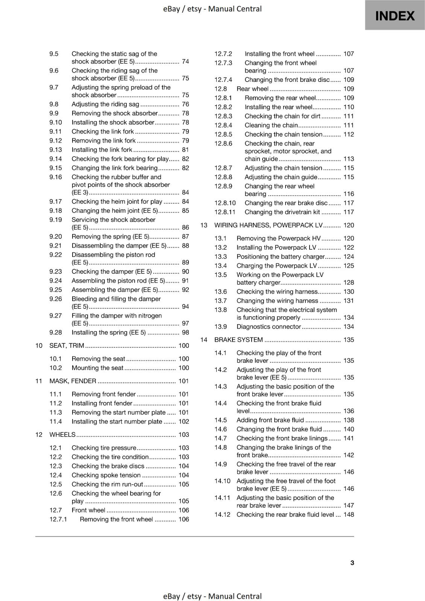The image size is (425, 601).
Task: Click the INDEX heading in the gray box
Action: click(x=395, y=16)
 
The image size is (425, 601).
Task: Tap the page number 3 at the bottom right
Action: click(x=352, y=563)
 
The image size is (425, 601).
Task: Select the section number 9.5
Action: click(x=54, y=54)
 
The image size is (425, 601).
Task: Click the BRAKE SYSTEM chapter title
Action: click(x=238, y=340)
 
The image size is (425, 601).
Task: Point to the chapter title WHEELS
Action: click(x=62, y=435)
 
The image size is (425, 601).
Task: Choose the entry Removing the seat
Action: click(x=98, y=359)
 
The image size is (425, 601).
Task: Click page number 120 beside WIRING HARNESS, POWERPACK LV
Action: click(x=349, y=225)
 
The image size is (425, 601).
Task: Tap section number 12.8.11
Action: click(x=225, y=212)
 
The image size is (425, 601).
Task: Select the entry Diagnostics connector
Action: click(x=269, y=326)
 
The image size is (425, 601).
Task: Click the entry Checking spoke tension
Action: click(x=106, y=475)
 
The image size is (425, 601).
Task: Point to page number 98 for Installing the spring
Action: click(x=185, y=332)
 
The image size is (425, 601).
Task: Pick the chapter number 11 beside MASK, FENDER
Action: click(x=39, y=381)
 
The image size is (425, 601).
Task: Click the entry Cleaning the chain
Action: click(x=271, y=125)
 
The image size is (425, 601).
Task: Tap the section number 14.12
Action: click(x=222, y=515)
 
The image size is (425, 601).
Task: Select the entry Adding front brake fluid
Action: click(x=270, y=420)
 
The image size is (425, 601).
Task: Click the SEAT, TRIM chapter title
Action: click(x=67, y=346)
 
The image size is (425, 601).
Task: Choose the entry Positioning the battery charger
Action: click(x=280, y=257)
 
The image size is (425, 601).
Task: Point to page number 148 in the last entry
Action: click(x=349, y=515)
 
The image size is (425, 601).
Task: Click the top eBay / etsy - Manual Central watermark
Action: click(x=212, y=9)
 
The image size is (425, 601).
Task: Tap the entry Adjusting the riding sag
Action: click(x=105, y=104)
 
